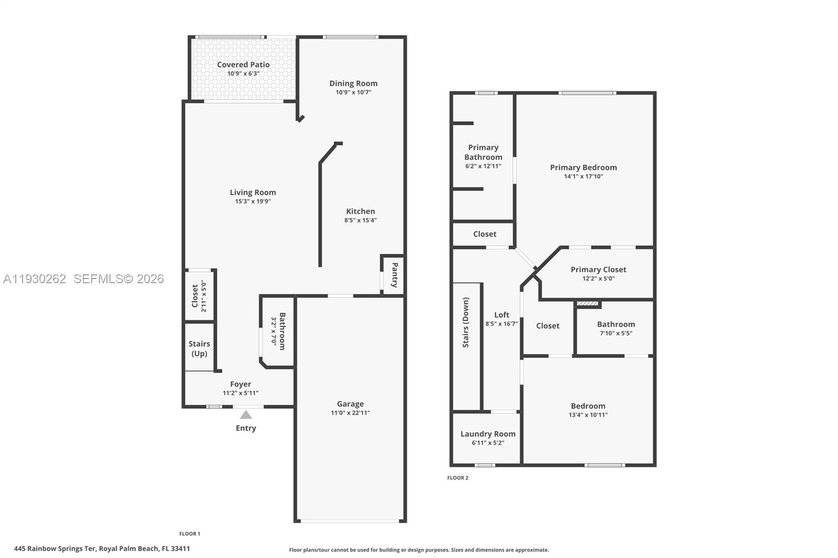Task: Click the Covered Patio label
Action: [243, 65]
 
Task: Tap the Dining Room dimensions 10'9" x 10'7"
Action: [353, 93]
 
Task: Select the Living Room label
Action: [252, 193]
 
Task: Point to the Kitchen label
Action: [360, 211]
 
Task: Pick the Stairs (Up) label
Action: [199, 349]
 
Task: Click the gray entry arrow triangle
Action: [246, 415]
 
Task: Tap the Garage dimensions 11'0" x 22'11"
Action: [350, 413]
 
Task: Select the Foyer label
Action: [240, 384]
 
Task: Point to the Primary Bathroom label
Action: [483, 152]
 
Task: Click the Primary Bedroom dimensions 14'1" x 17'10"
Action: [583, 176]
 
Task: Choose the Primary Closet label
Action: [598, 270]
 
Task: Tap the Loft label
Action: [501, 315]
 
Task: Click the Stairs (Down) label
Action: [466, 322]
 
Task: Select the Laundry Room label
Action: [488, 434]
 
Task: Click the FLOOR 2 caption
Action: [457, 478]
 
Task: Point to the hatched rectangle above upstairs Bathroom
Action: [588, 303]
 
